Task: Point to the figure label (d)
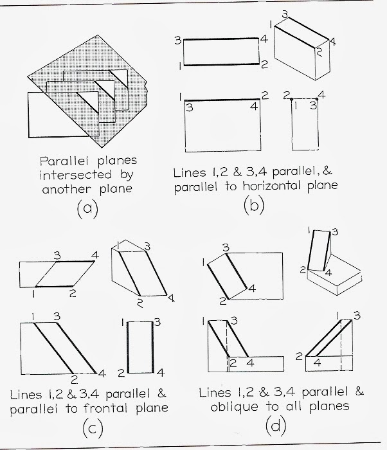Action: [274, 426]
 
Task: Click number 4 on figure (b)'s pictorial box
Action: [333, 42]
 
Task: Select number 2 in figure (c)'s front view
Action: [74, 378]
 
